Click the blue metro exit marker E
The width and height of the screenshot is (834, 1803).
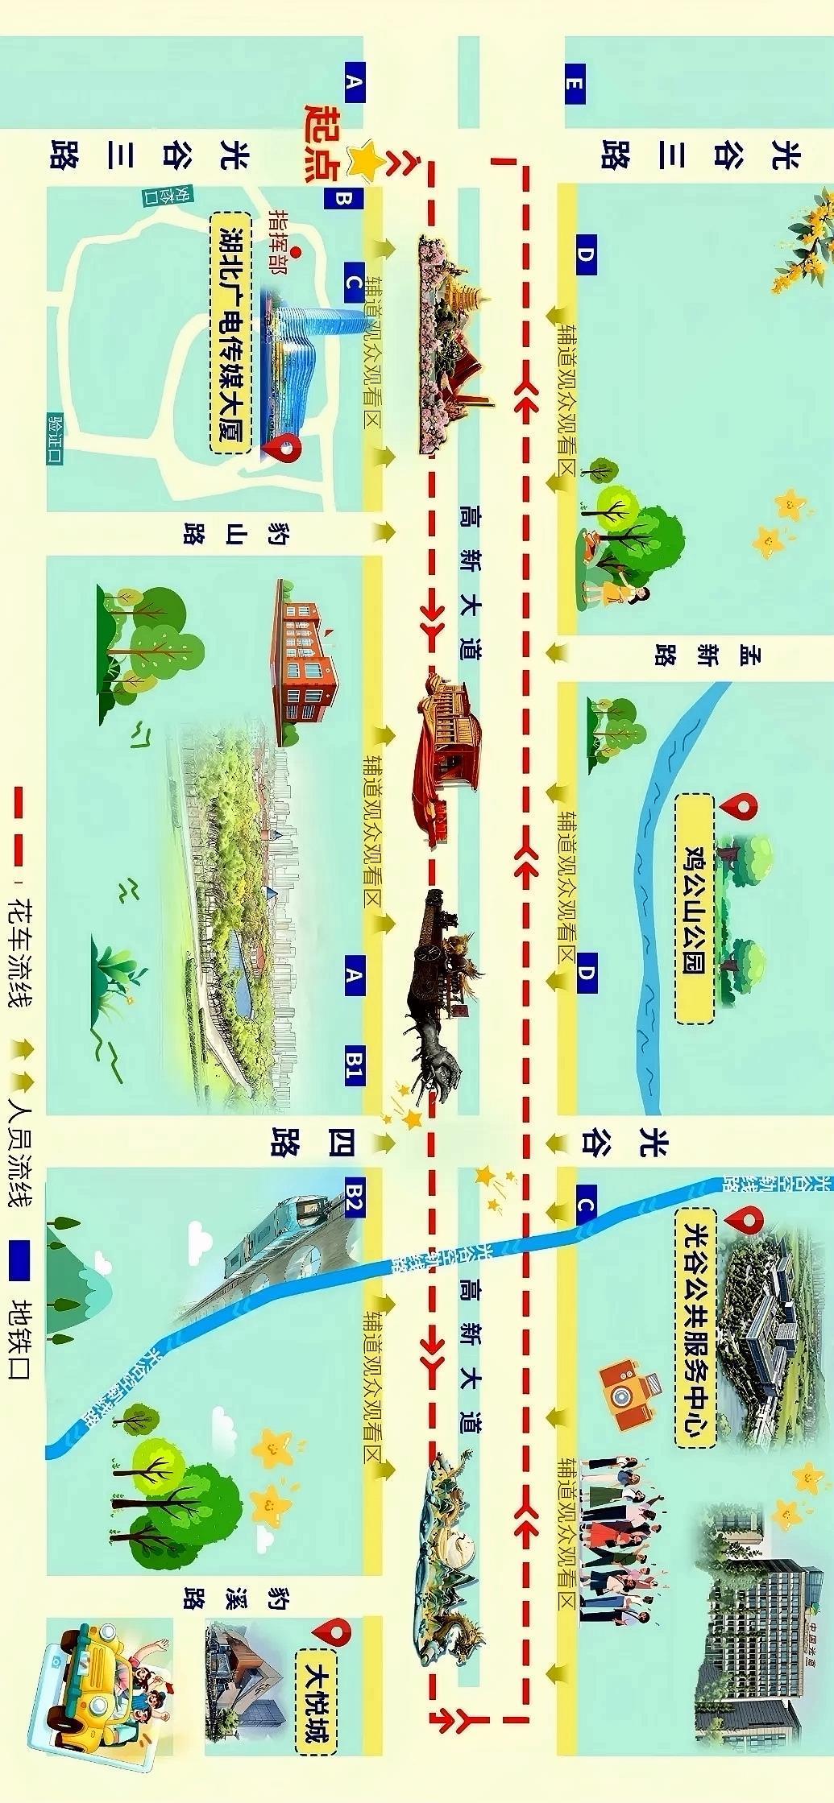coord(575,83)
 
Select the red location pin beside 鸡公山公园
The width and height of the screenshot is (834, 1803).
coord(740,806)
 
